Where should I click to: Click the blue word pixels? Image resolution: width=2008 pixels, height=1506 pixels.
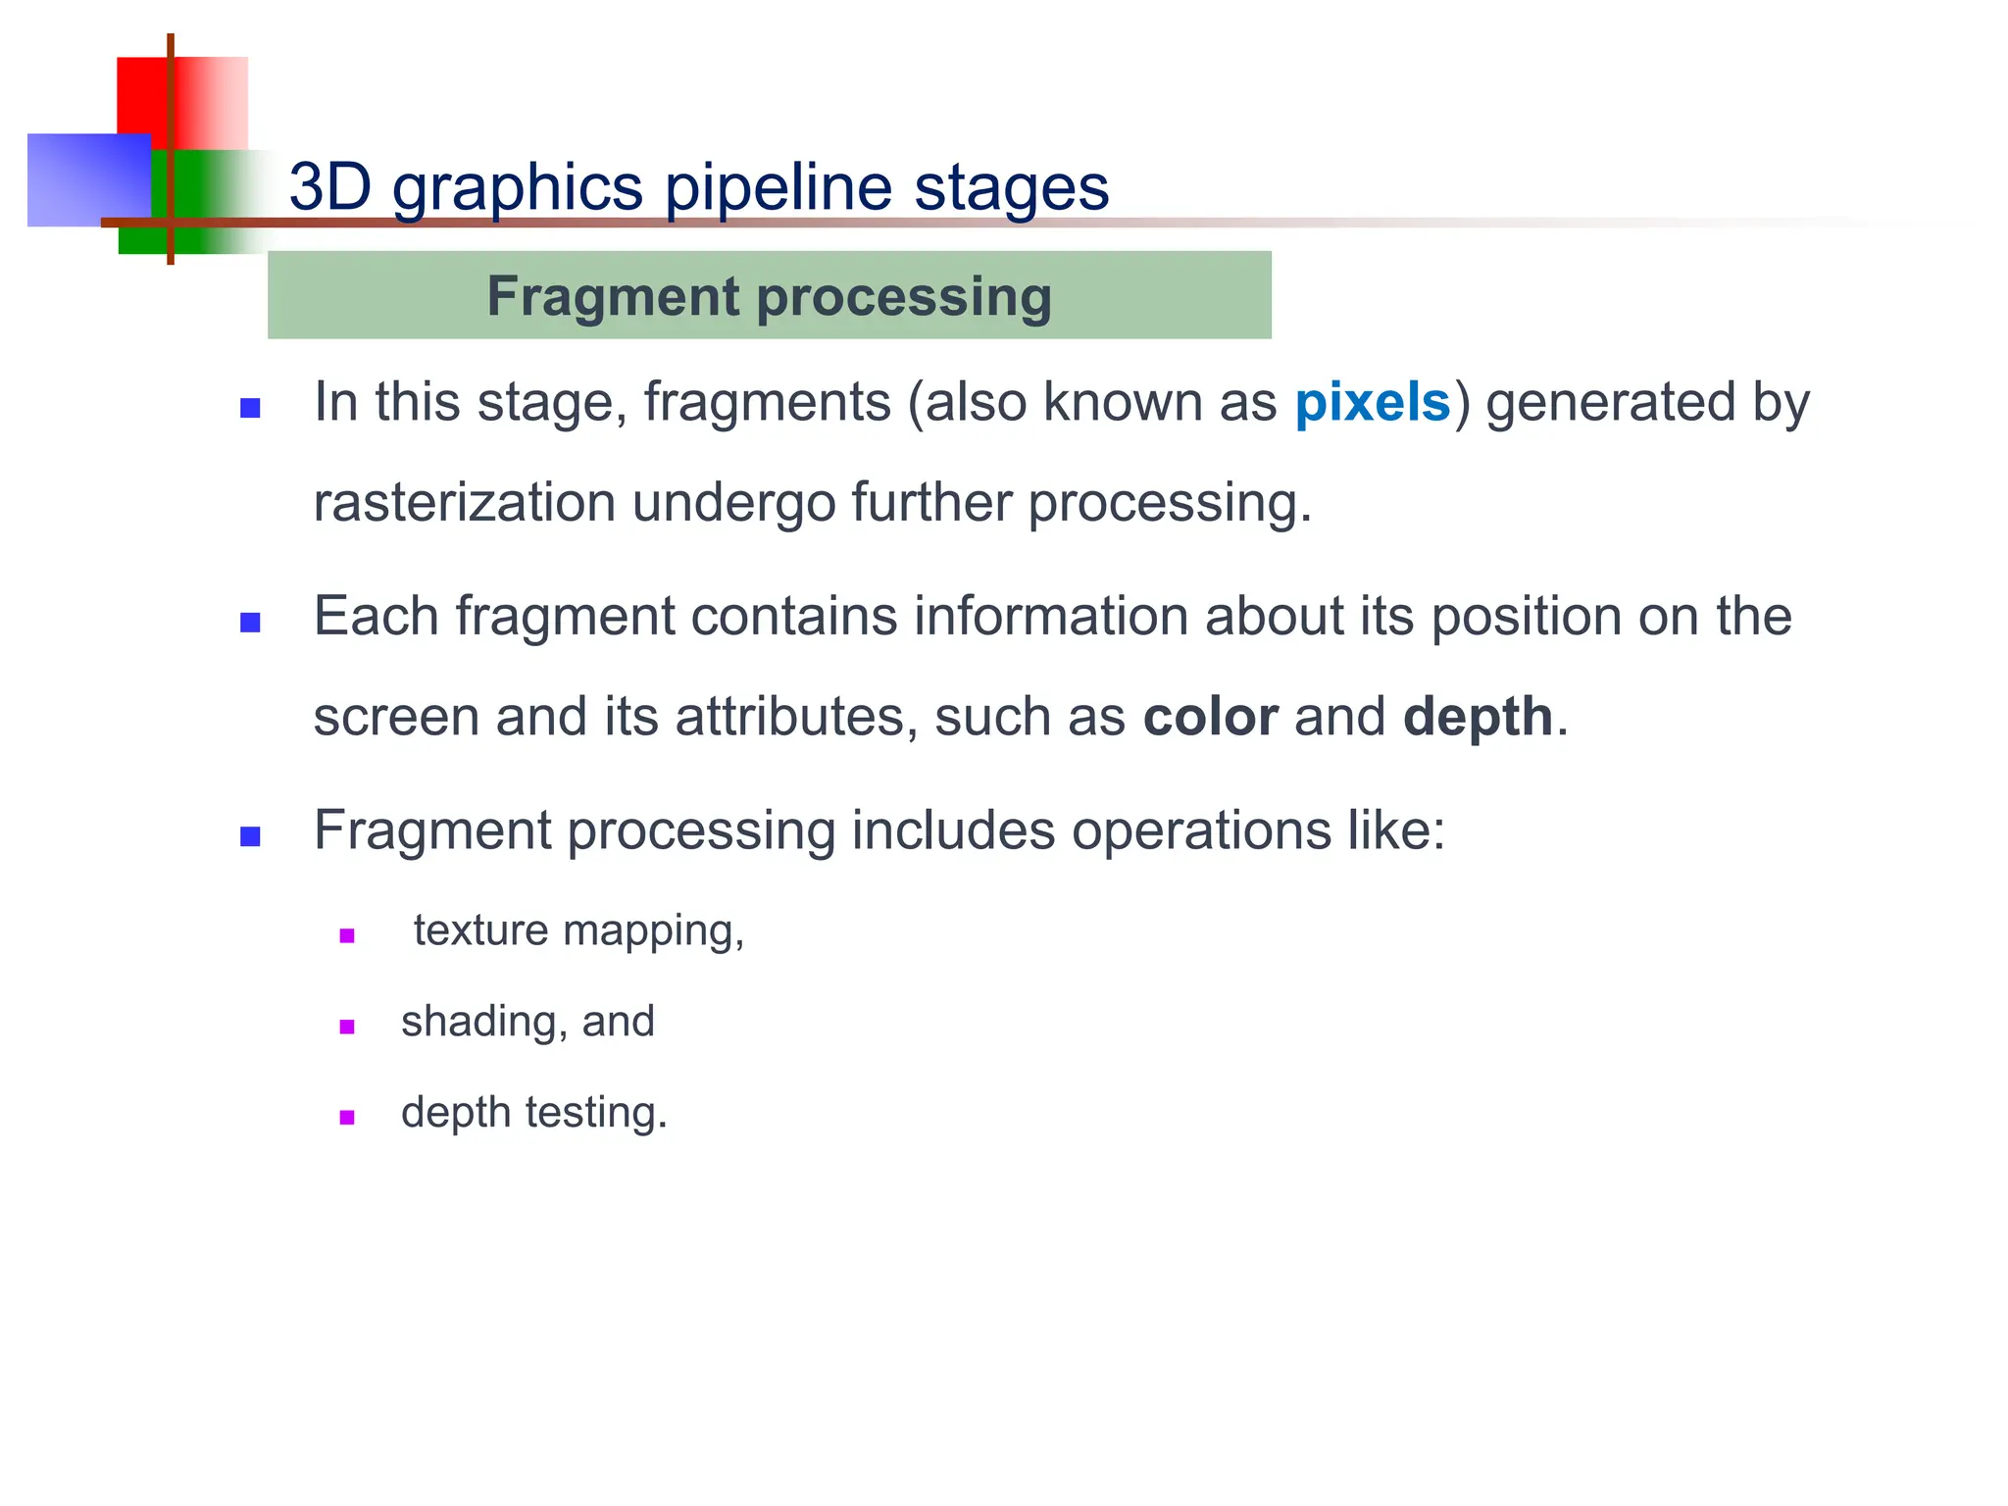pyautogui.click(x=1372, y=403)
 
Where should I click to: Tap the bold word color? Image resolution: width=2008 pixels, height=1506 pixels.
pyautogui.click(x=1210, y=717)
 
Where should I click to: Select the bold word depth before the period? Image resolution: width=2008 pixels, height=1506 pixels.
pyautogui.click(x=1478, y=717)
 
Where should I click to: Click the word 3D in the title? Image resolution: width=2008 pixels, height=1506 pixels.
pyautogui.click(x=330, y=186)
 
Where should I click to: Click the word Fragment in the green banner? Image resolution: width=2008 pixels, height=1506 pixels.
pyautogui.click(x=613, y=296)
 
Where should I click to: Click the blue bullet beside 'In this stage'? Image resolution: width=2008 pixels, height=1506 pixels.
pyautogui.click(x=250, y=408)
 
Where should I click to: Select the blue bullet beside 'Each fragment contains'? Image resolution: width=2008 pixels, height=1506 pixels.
pyautogui.click(x=250, y=623)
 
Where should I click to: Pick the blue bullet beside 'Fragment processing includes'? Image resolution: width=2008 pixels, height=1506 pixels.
pyautogui.click(x=250, y=836)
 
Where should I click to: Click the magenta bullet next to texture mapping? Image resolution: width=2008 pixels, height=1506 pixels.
pyautogui.click(x=346, y=935)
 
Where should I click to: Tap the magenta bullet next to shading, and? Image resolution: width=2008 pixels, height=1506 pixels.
pyautogui.click(x=346, y=1027)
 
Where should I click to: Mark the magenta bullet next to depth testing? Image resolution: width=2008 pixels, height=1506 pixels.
pyautogui.click(x=346, y=1117)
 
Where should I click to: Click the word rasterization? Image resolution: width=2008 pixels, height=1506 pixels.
pyautogui.click(x=464, y=503)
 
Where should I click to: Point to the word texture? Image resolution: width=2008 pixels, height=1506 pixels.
pyautogui.click(x=480, y=930)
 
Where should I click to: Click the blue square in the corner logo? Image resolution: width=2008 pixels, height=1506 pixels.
pyautogui.click(x=78, y=181)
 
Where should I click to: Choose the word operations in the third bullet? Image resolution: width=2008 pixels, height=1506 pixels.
pyautogui.click(x=1199, y=831)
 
